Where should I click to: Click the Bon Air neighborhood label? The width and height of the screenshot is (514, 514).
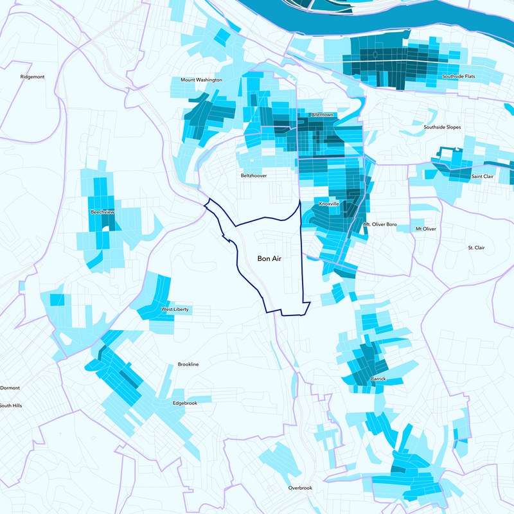[270, 258]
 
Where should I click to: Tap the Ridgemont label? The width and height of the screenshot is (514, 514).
[32, 76]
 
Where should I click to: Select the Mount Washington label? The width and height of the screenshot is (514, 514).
[201, 80]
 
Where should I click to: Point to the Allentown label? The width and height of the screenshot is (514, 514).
[321, 114]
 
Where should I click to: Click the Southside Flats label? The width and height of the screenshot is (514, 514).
[458, 76]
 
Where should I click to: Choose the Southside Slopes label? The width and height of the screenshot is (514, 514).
[442, 127]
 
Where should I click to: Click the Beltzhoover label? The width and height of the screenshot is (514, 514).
[254, 175]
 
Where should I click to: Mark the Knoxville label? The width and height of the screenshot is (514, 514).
[329, 204]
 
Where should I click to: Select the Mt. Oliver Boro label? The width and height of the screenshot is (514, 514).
[380, 225]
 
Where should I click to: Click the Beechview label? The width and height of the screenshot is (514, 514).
[103, 211]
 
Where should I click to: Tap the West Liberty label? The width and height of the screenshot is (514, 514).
[175, 310]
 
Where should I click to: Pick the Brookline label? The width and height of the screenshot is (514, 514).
[188, 364]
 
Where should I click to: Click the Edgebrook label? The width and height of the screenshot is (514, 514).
[185, 403]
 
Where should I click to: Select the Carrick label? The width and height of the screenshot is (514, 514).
[378, 379]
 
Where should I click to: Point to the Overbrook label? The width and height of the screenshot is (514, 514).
[300, 488]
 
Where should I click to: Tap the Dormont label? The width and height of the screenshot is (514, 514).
[10, 388]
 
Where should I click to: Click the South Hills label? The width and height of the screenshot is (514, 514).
[11, 405]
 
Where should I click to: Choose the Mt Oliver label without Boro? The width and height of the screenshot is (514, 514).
[425, 229]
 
